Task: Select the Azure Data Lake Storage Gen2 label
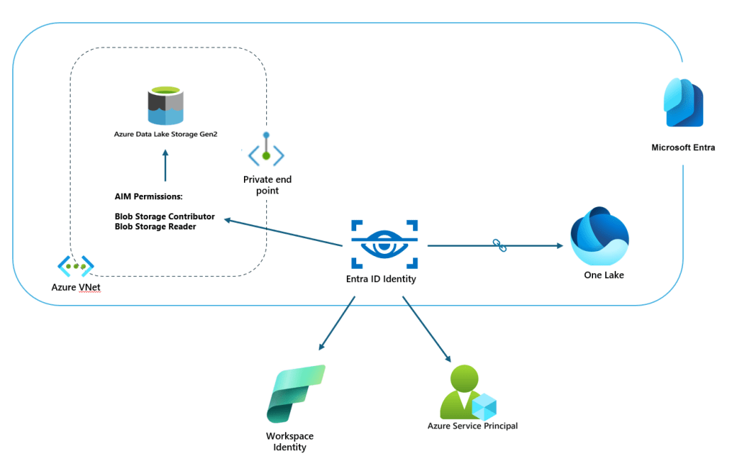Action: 165,133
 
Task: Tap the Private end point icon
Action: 266,152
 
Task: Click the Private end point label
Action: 267,185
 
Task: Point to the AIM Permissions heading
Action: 149,196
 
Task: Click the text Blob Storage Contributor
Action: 165,216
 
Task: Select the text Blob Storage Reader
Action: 155,227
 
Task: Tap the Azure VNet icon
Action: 76,266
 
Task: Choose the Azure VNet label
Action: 76,287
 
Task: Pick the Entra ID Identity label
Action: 381,279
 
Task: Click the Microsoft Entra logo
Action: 683,103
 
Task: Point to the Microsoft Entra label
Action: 683,148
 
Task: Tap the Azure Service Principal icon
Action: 471,393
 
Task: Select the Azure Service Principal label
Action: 472,426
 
